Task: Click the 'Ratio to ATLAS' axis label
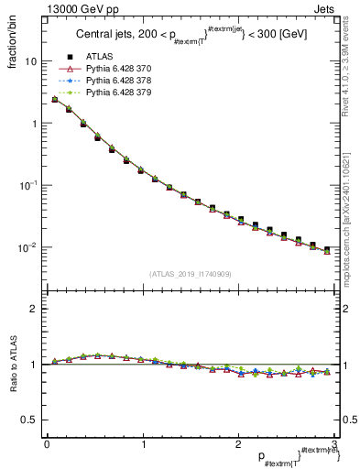pos(11,365)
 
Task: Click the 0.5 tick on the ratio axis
pos(30,420)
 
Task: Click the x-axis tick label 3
pos(334,442)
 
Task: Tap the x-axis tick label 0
pos(46,442)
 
